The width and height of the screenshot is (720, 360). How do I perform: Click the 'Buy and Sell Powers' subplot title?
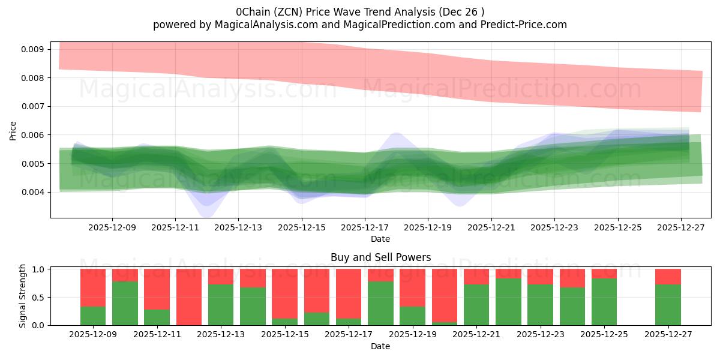pos(380,257)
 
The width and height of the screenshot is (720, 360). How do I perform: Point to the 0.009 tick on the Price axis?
pos(33,49)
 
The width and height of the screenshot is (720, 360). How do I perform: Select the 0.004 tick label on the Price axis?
pos(33,192)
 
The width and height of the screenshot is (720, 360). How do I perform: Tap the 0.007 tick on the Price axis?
pos(33,106)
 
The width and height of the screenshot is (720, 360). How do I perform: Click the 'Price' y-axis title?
pos(13,130)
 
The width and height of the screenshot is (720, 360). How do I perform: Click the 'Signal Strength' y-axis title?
pos(23,296)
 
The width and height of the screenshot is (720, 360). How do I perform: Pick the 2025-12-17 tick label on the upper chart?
pos(365,227)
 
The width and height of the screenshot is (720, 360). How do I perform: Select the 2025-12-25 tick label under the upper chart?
pos(617,227)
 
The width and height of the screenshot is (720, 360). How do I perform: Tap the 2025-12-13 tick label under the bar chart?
pos(220,335)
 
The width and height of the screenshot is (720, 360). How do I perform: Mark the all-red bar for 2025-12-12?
pos(188,297)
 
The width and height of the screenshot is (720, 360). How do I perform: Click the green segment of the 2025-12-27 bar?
pos(668,305)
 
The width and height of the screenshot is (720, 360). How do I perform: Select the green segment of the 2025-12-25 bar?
pos(604,302)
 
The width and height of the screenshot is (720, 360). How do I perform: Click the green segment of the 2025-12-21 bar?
pos(476,305)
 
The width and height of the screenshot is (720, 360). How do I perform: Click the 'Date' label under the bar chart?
pos(380,346)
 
